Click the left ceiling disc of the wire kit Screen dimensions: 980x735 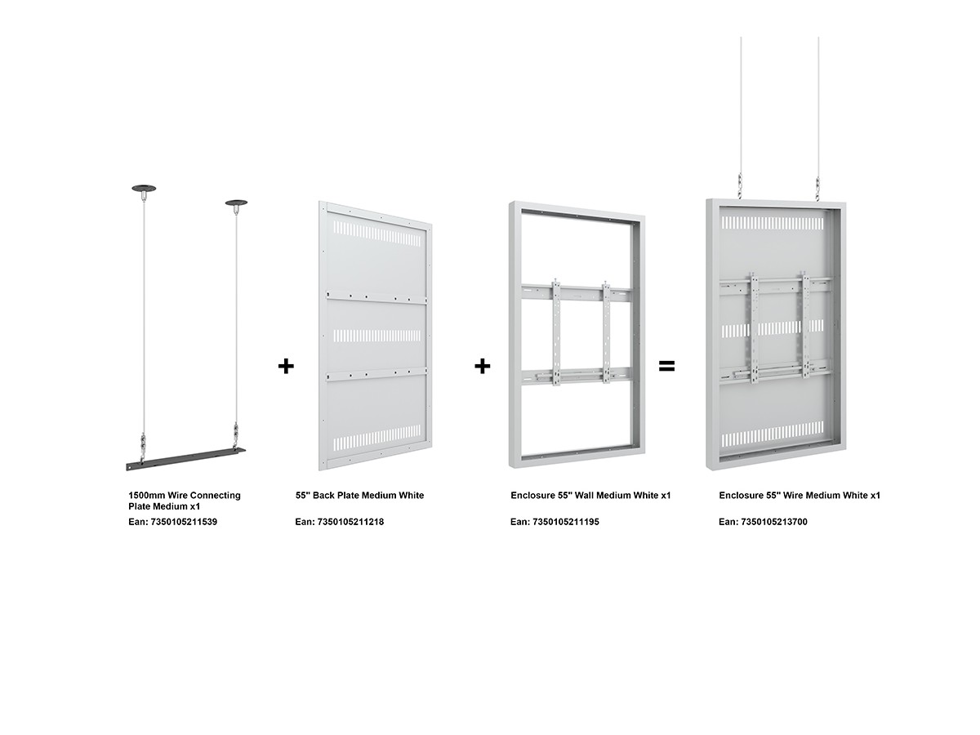[x=144, y=188]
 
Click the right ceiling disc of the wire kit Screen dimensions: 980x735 [x=236, y=203]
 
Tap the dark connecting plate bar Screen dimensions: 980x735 [x=185, y=459]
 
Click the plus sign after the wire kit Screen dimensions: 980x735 [x=286, y=366]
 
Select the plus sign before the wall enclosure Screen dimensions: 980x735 [x=482, y=366]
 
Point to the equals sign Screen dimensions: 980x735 [x=666, y=367]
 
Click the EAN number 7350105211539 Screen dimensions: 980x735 [x=184, y=522]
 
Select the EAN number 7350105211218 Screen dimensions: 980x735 [x=350, y=522]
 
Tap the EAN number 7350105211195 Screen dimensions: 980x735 [x=566, y=522]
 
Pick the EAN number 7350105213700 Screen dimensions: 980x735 [x=774, y=522]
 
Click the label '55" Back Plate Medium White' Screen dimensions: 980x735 [x=360, y=496]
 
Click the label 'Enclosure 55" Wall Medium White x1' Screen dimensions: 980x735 [x=590, y=496]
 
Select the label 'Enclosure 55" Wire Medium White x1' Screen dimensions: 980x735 [x=800, y=496]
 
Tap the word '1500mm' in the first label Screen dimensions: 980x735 [x=147, y=496]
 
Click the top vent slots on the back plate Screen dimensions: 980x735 [x=377, y=234]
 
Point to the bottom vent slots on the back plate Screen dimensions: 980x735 [x=377, y=438]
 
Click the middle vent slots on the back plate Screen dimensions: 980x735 [x=377, y=336]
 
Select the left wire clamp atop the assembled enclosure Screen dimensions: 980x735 [x=741, y=188]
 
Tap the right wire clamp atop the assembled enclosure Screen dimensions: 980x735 [x=818, y=189]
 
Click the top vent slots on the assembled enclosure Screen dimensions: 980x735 [x=773, y=223]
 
